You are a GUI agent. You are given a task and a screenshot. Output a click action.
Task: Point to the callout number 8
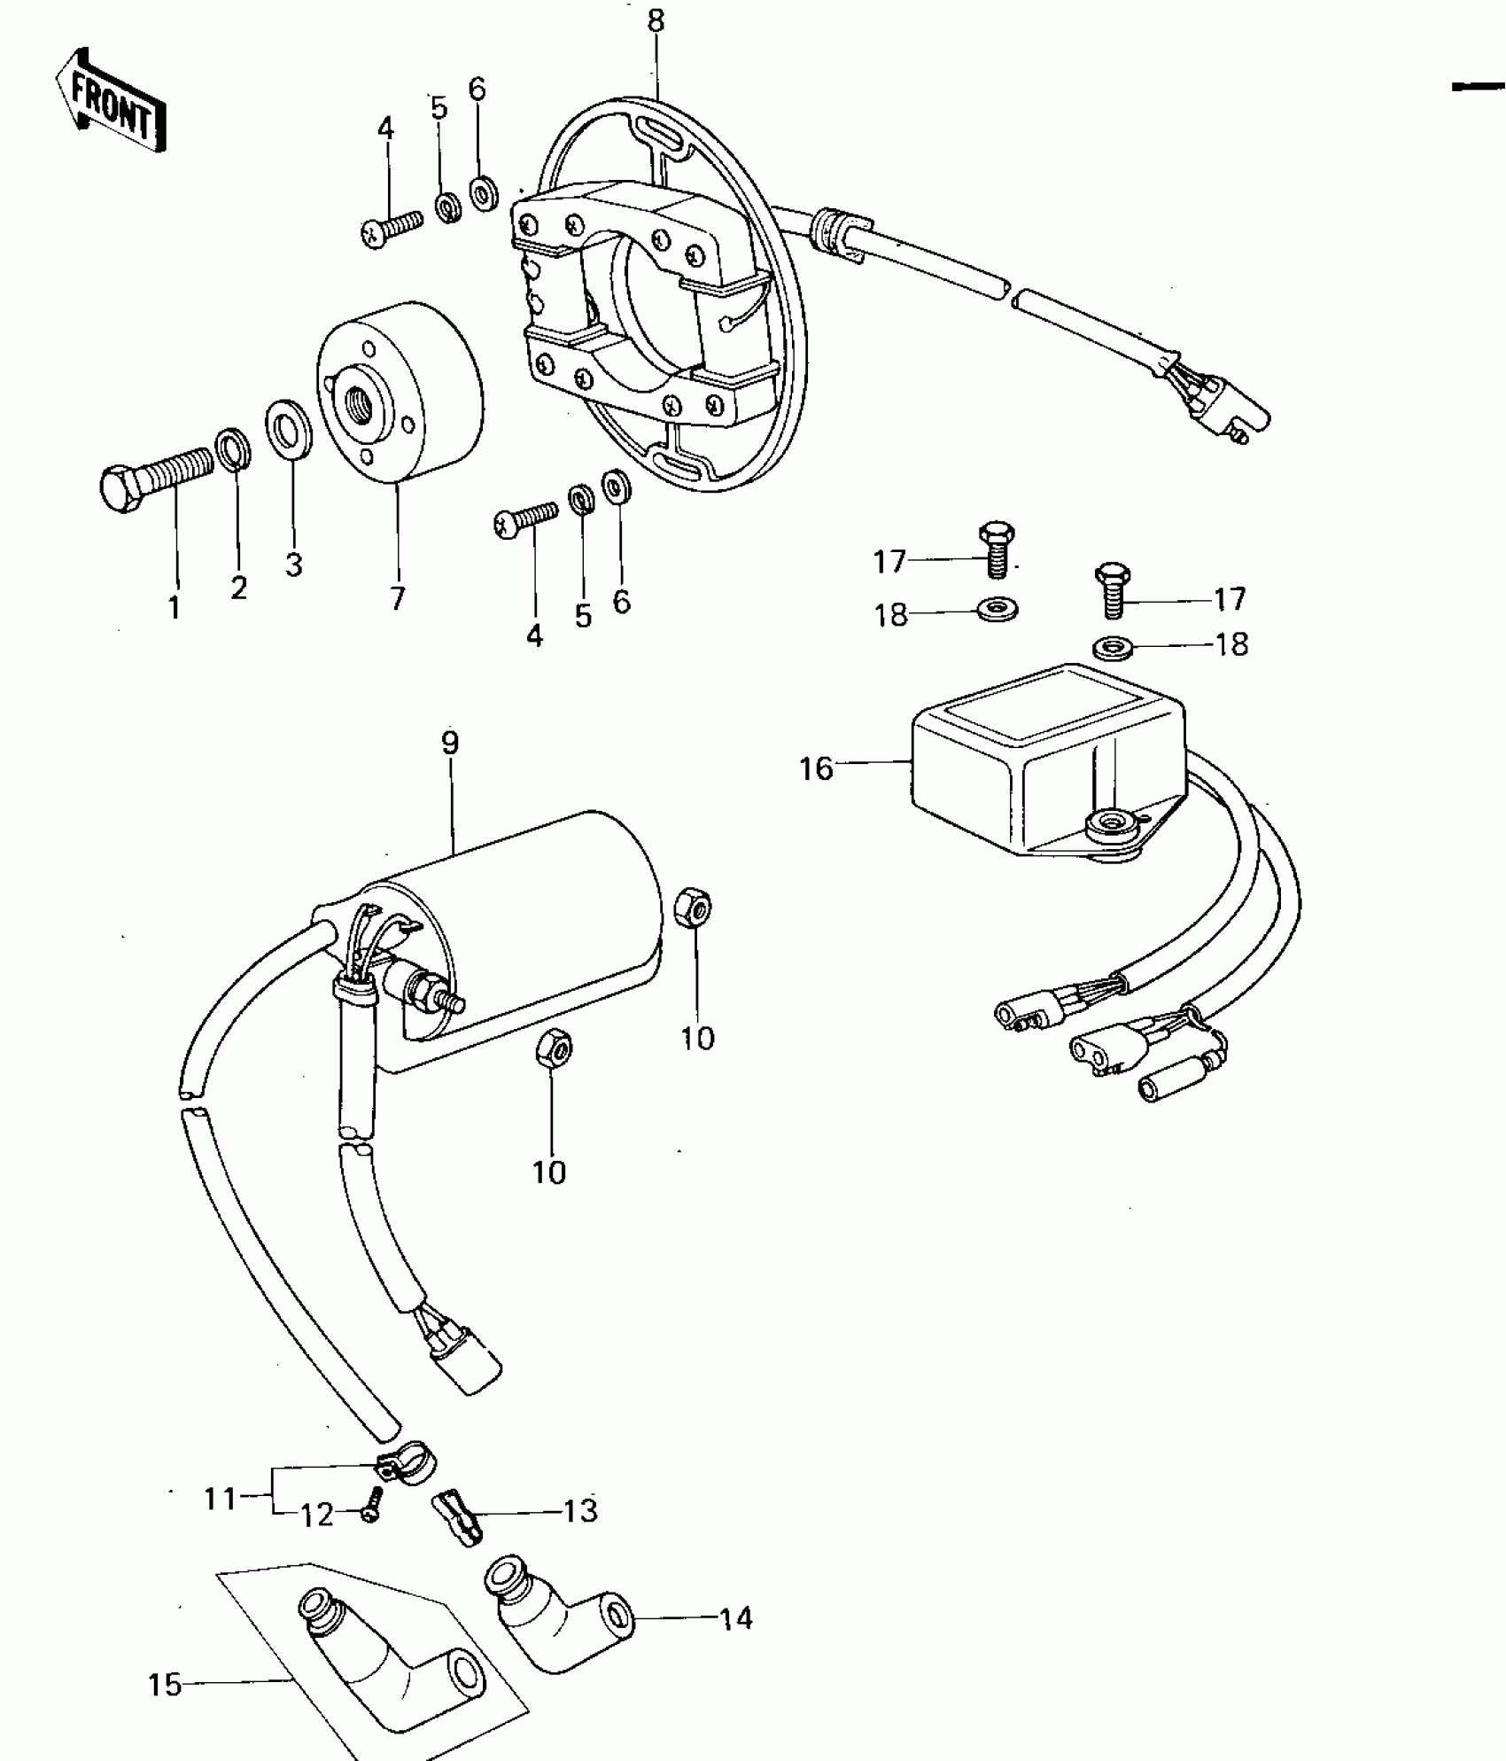point(656,21)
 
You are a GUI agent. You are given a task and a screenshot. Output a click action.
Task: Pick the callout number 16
point(816,768)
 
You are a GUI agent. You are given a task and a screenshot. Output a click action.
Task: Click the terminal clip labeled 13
point(458,1517)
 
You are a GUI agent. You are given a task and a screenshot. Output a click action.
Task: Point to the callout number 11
point(221,1499)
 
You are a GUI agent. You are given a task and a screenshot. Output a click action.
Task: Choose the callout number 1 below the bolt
point(175,607)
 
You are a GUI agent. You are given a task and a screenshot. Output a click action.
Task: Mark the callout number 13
point(580,1510)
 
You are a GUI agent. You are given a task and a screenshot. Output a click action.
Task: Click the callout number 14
point(735,1618)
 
